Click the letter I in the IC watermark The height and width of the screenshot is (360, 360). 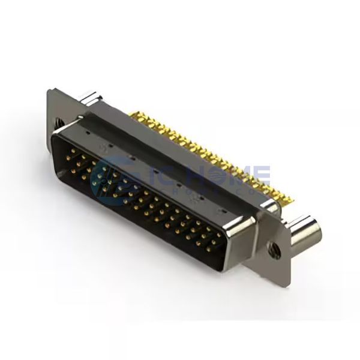[x=143, y=170]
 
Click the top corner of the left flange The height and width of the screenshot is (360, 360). [x=50, y=89]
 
